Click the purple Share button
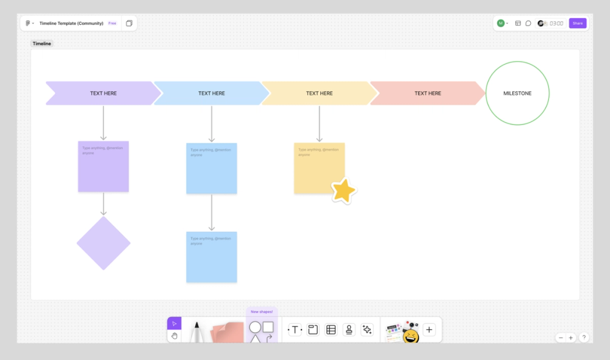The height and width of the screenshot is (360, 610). tap(578, 23)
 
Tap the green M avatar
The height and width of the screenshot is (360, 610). tap(501, 23)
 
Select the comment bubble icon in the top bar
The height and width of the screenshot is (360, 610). tap(528, 23)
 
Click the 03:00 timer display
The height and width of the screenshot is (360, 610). tap(556, 23)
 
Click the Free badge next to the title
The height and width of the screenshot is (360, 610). tap(112, 23)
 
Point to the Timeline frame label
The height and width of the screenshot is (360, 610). tap(42, 44)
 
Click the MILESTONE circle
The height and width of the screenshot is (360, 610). tap(517, 93)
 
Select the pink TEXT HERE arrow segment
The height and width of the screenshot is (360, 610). tap(427, 93)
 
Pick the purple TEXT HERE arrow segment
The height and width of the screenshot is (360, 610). tap(103, 93)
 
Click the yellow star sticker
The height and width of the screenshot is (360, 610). tap(344, 191)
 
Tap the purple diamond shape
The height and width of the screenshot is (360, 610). tap(104, 243)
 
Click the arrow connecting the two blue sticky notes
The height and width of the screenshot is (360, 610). tap(212, 212)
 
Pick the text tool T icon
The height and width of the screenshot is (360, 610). tap(295, 330)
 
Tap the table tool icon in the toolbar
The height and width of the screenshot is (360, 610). tap(331, 330)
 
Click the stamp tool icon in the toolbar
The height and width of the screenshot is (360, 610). tap(349, 330)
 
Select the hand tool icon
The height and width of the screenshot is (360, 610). tap(174, 336)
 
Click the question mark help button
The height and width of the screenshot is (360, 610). tap(584, 337)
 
